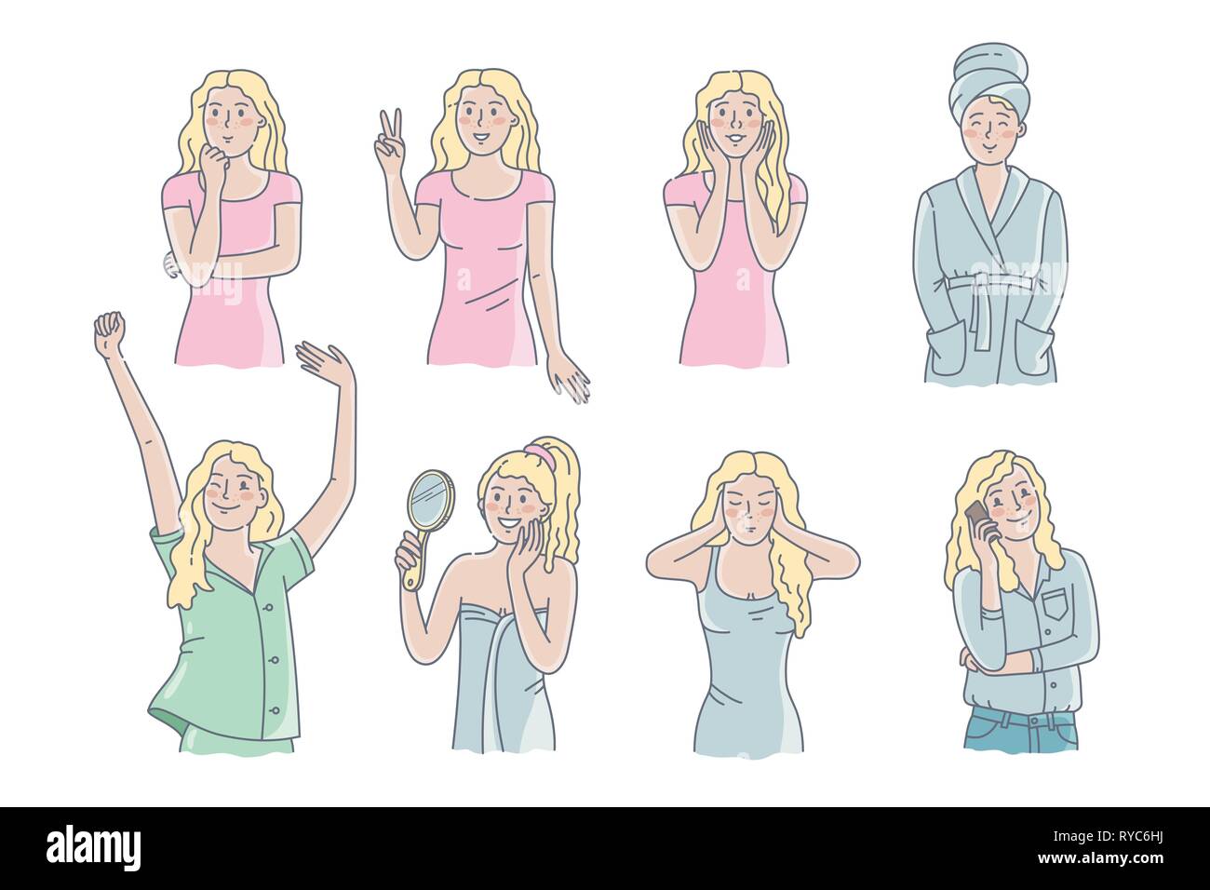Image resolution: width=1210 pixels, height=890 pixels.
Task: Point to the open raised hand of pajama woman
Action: point(318,359)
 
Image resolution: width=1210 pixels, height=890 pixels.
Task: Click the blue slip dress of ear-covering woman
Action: point(749,670)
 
